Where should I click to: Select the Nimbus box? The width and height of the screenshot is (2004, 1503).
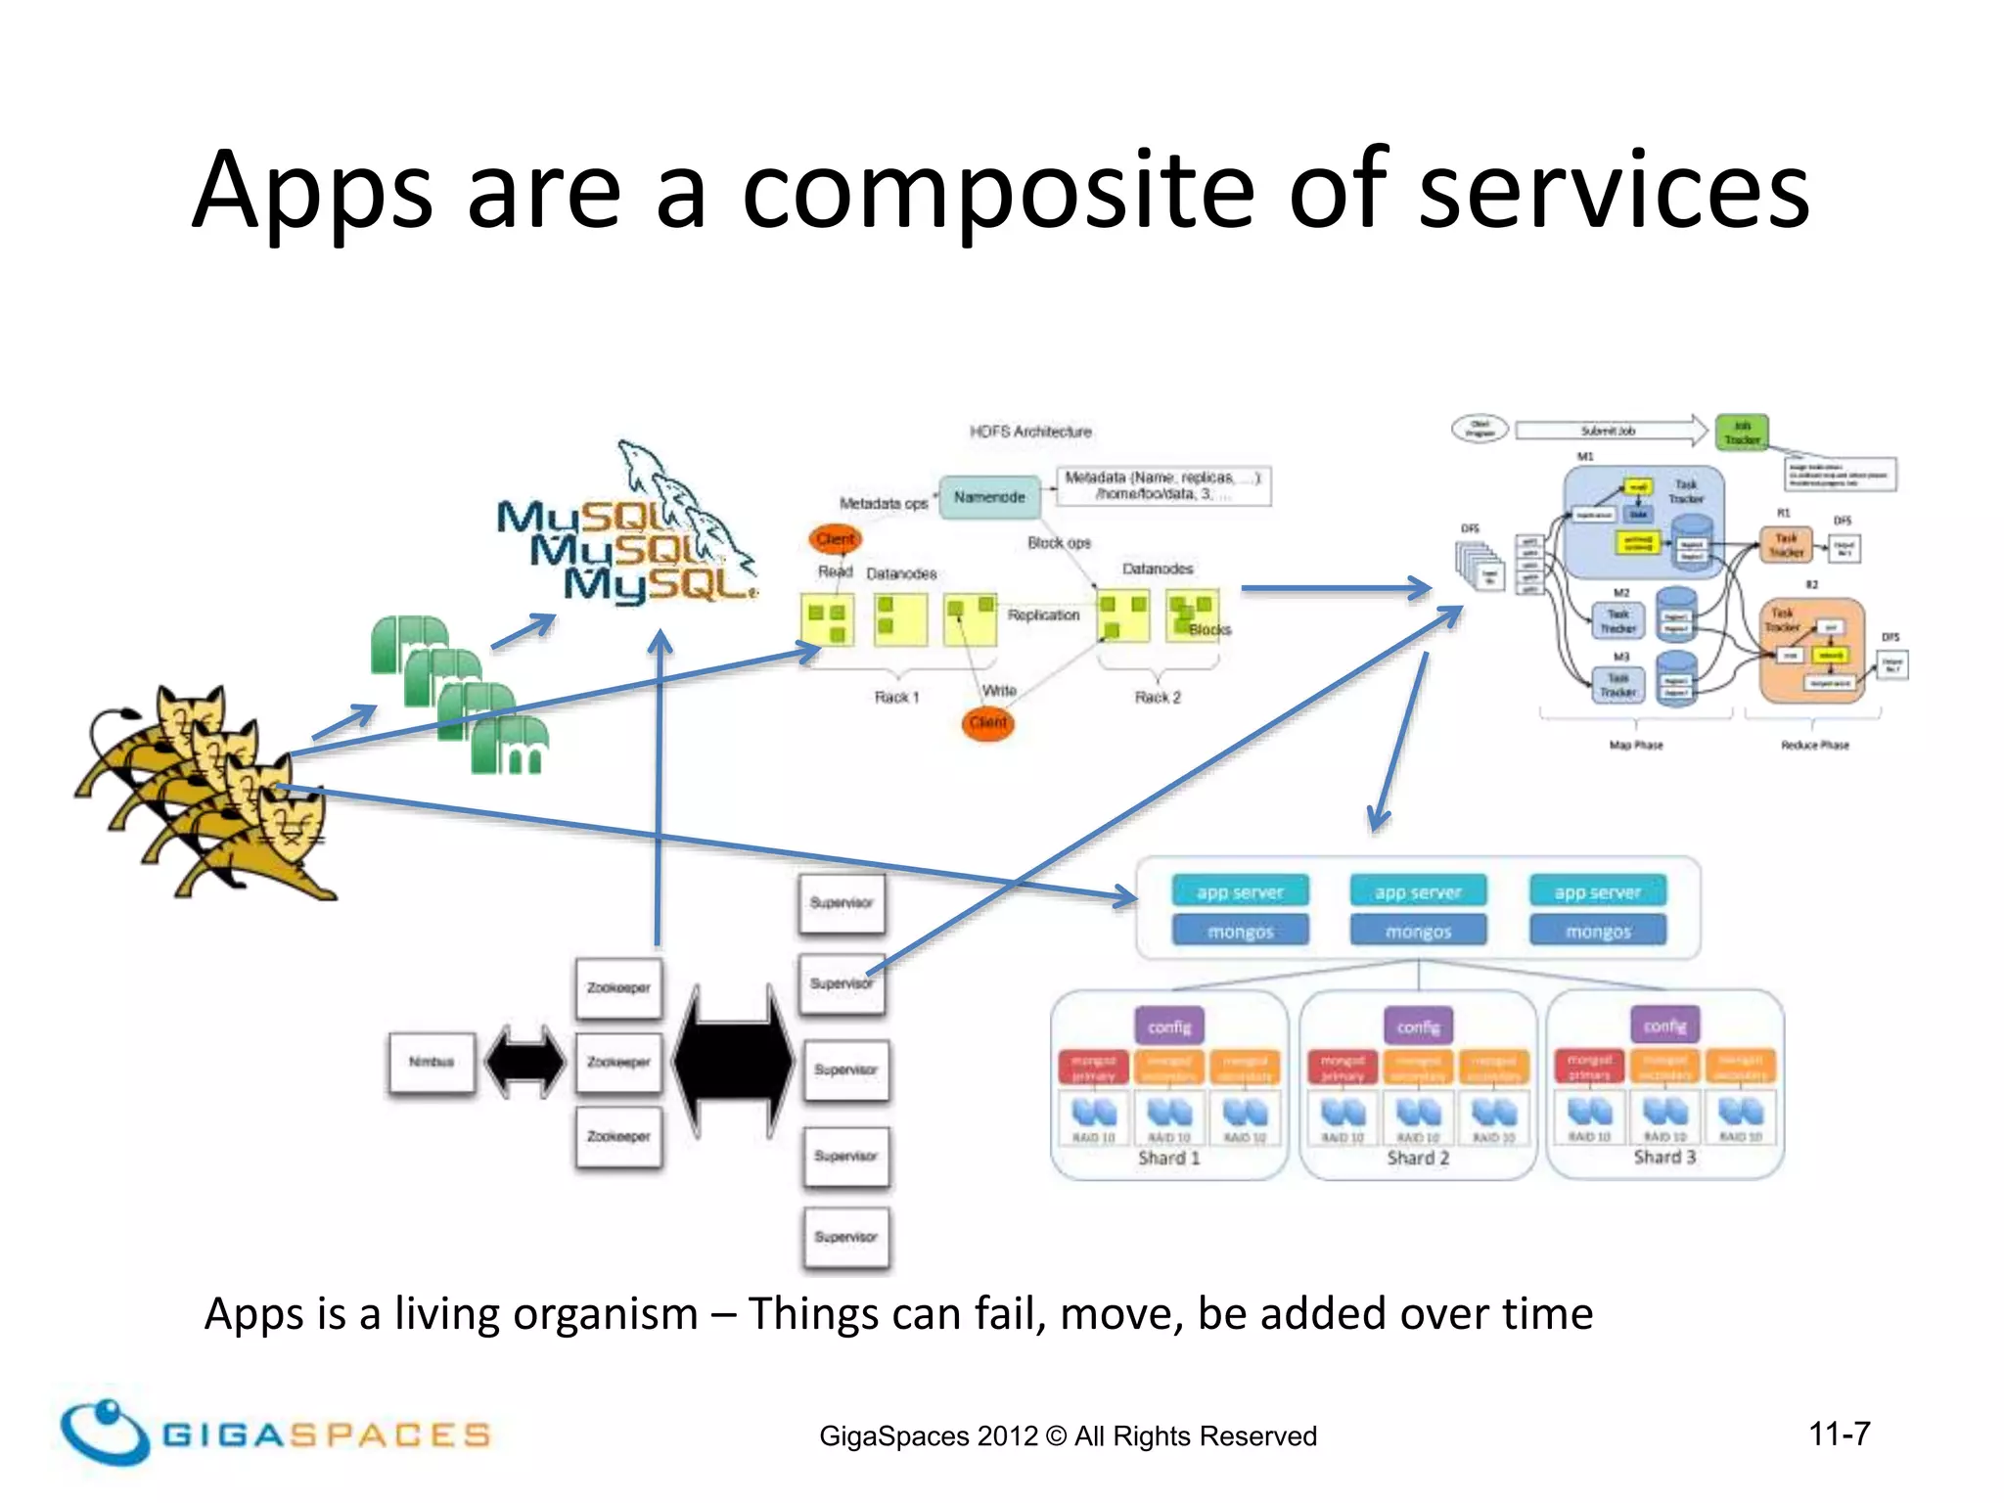tap(432, 1062)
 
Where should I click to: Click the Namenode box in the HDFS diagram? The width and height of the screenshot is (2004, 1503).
tap(989, 497)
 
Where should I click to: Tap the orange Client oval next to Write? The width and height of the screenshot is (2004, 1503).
tap(987, 722)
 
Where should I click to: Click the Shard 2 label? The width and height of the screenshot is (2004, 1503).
tap(1417, 1158)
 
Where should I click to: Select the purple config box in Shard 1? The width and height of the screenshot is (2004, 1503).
tap(1169, 1026)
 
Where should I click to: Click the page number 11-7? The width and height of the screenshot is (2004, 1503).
tap(1839, 1434)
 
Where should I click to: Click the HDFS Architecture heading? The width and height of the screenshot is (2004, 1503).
tap(1030, 432)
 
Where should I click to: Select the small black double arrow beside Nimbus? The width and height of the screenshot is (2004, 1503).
tap(525, 1062)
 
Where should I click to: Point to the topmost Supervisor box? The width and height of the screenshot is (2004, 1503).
tap(842, 902)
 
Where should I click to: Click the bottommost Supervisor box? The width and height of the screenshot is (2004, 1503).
tap(845, 1237)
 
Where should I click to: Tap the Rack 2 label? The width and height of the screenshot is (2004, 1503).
tap(1158, 697)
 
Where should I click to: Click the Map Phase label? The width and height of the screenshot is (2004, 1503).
tap(1635, 745)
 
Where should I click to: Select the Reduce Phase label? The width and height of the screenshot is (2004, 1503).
tap(1814, 745)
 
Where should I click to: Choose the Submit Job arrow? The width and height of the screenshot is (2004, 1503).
tap(1610, 431)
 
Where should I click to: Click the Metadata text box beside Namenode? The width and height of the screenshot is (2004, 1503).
tap(1162, 485)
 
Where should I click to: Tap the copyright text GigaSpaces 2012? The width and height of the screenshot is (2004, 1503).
tap(1068, 1435)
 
